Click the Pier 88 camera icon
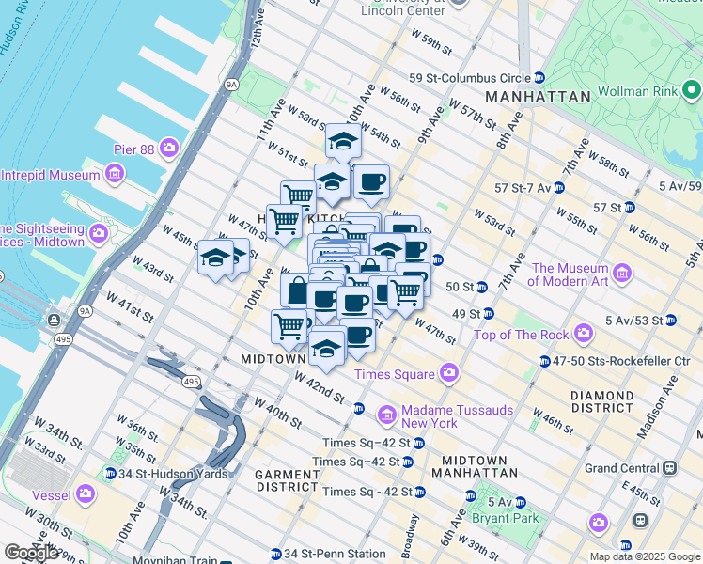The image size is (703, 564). pos(169,148)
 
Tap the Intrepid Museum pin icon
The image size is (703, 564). pos(115,175)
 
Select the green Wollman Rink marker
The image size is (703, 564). pos(693,91)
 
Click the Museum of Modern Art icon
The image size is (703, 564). pos(621,274)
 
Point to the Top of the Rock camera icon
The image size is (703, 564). pos(585,334)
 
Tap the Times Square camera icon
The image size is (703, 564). pos(449,374)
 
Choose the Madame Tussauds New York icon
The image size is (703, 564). pos(386,415)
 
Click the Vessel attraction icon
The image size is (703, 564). pos(86,493)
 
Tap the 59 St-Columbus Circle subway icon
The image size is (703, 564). pos(539,78)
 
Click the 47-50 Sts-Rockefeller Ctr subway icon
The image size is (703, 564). pos(545,361)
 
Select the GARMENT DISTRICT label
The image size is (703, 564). pos(287,480)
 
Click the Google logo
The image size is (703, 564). pos(32,553)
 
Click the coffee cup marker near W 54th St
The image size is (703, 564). pos(371,181)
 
